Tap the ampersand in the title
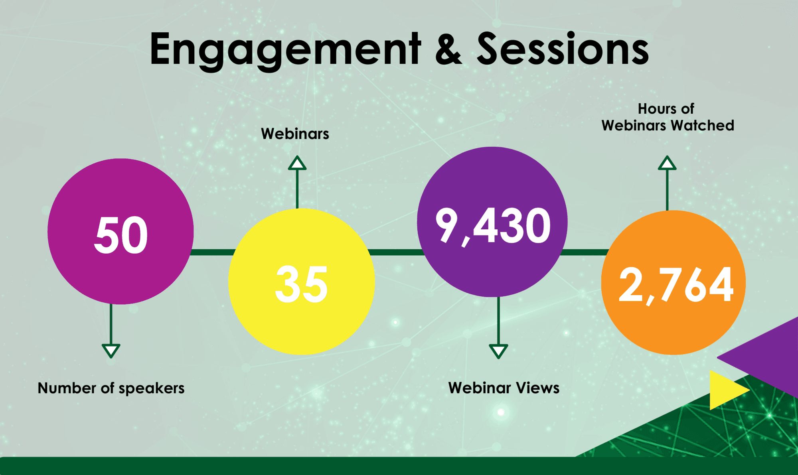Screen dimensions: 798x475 click(x=448, y=49)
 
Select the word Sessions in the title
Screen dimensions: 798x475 click(x=563, y=48)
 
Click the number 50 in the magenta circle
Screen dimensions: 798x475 click(x=121, y=235)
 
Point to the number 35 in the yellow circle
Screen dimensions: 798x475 click(x=302, y=284)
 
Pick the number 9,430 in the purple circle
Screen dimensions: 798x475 click(x=493, y=227)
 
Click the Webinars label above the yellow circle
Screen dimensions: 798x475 click(x=295, y=134)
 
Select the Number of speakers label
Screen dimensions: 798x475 click(x=111, y=388)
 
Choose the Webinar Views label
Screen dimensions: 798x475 click(x=504, y=388)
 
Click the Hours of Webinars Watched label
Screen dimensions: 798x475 click(x=668, y=117)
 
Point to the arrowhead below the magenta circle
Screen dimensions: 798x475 click(x=111, y=351)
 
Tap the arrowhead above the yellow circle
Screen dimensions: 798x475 click(x=297, y=163)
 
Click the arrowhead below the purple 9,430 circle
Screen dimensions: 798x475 click(x=498, y=351)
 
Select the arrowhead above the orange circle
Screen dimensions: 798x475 click(x=667, y=163)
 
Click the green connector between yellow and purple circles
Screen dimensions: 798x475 click(x=396, y=252)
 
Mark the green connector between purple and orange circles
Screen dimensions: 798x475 click(x=585, y=252)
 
